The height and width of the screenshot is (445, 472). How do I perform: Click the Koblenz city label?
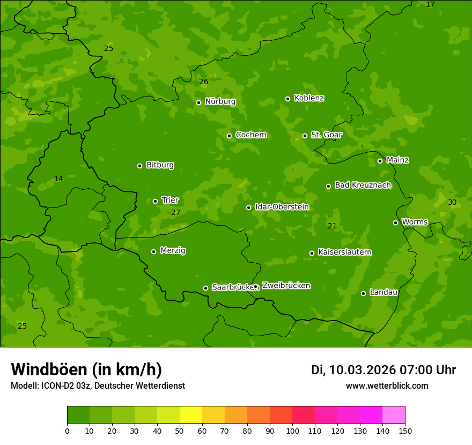coord(309,98)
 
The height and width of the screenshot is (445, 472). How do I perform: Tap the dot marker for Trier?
coord(156,201)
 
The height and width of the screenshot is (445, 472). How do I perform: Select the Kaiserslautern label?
coord(345,252)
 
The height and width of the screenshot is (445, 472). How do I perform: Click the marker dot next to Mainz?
coord(380,161)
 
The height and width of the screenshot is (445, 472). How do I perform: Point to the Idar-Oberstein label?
coord(282,206)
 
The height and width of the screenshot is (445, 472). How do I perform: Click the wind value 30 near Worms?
coord(452,202)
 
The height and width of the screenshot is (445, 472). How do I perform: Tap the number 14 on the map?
coord(58,179)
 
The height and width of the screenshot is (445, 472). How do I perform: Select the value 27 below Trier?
coord(176,212)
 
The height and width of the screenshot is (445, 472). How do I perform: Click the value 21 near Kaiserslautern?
coord(332,226)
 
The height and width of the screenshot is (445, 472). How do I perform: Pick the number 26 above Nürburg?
coord(203,81)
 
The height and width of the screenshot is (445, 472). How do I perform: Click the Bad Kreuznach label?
coord(363,185)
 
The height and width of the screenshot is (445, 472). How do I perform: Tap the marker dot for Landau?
coord(363,293)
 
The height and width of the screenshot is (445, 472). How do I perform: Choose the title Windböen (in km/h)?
coord(86,369)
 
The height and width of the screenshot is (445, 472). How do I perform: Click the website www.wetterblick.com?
coord(387,385)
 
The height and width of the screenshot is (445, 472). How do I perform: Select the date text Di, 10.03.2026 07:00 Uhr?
coord(383,370)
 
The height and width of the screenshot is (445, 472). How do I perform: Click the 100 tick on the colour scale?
coord(292,431)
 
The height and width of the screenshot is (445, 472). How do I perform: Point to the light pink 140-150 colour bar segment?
coord(394,415)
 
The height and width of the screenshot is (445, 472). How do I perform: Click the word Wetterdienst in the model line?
coord(161,385)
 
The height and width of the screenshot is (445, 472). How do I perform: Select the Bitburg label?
coord(160,165)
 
